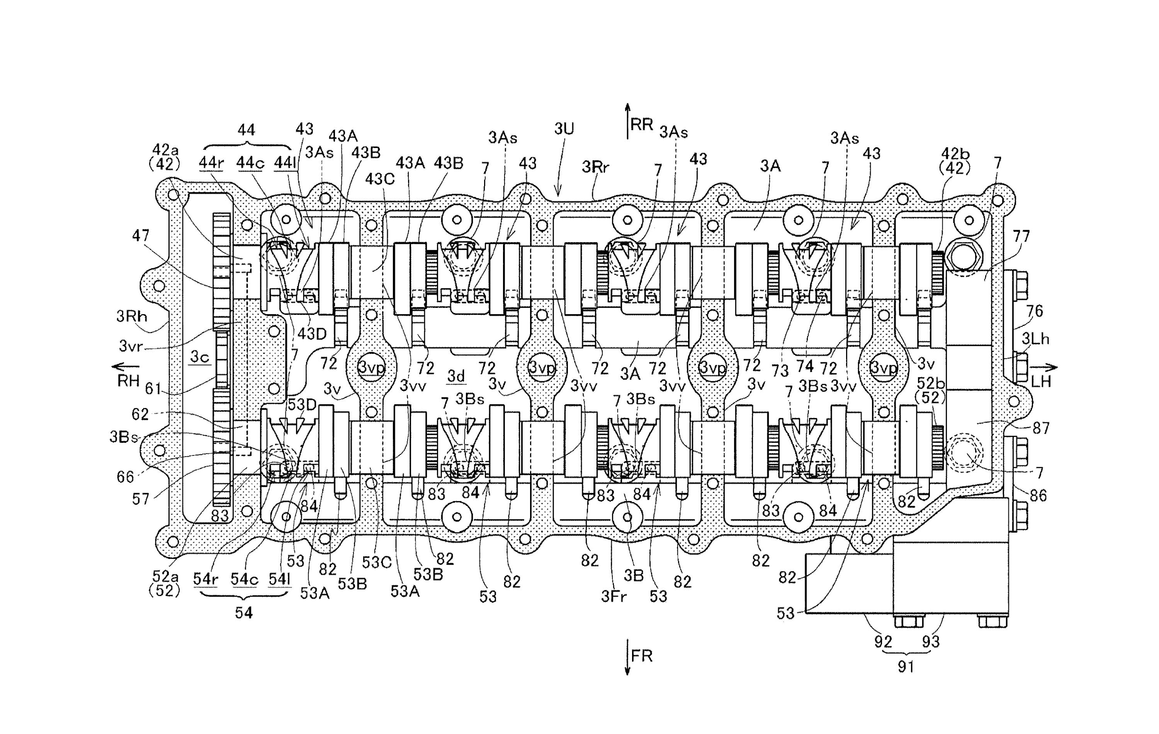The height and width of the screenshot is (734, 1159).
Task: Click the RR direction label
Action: coord(642,125)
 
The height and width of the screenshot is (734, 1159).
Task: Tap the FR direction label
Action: coord(642,656)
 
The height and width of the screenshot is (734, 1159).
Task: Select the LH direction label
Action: coord(1041,382)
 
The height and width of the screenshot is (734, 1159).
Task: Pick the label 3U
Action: coord(564,129)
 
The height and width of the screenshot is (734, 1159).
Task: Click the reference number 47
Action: coord(141,236)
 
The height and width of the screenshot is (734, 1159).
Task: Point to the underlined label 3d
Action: coord(456,376)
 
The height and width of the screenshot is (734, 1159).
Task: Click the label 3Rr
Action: coord(595,167)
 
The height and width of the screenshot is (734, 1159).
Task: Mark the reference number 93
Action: coord(930,642)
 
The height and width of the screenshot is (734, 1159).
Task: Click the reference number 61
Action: coord(153,388)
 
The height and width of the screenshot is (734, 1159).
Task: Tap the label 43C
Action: coord(380,179)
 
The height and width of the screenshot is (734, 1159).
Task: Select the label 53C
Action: coord(376,562)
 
